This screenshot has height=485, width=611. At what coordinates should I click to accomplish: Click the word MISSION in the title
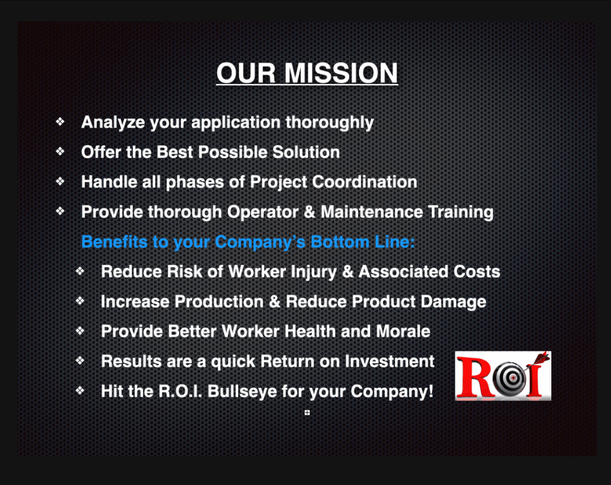point(341,73)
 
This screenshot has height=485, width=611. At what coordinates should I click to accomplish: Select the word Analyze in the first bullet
point(113,122)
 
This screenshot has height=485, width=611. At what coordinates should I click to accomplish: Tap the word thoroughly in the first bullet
point(329,122)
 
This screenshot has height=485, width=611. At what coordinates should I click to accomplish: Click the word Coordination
point(363,182)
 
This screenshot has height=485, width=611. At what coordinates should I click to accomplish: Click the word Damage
point(453,301)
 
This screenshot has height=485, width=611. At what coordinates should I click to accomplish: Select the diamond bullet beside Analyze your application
point(60,122)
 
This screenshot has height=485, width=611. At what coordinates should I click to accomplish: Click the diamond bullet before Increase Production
point(80,301)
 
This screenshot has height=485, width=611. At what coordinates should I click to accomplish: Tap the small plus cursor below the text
point(307,412)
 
